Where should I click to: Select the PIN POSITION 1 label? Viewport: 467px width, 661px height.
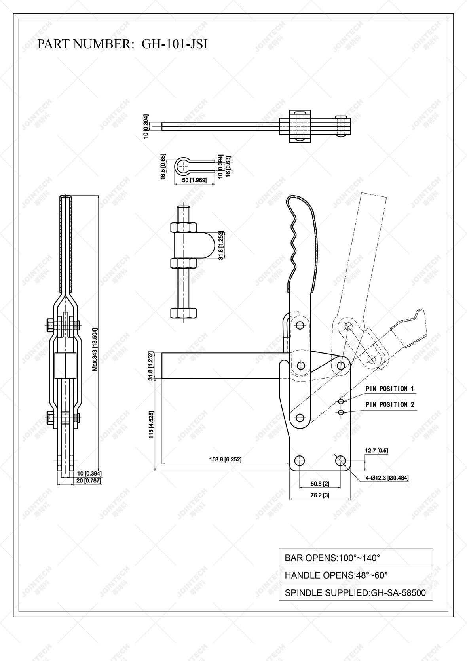pos(389,389)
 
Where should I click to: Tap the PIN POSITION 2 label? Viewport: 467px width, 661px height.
pos(389,404)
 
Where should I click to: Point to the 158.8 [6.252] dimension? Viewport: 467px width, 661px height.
pos(225,459)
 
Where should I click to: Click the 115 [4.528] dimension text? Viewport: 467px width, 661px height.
pos(150,425)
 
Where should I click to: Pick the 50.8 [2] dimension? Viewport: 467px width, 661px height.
pos(320,484)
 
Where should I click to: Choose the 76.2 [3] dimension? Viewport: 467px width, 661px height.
pos(320,495)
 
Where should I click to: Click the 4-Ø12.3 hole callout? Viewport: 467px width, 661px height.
pos(387,478)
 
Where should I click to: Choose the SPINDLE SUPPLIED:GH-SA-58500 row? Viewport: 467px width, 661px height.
pos(355,593)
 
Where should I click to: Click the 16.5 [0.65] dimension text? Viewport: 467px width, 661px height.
pos(163,167)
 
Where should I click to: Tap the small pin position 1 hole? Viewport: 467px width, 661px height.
pos(341,402)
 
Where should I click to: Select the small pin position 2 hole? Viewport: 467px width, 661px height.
pos(341,413)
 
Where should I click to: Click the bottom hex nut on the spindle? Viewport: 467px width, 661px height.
pos(183,312)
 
